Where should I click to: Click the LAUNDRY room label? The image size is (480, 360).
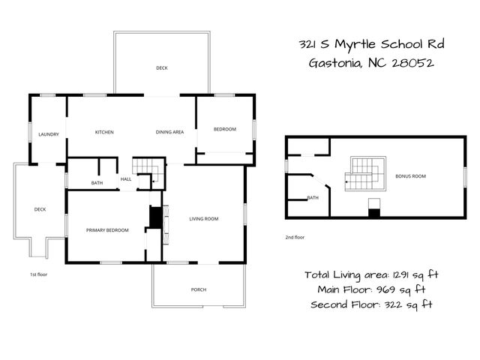[49, 134]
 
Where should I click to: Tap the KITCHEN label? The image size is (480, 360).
[104, 133]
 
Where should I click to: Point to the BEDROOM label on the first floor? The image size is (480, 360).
[224, 130]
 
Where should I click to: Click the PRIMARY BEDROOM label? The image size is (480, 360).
[107, 230]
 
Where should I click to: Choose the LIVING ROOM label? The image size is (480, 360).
[203, 219]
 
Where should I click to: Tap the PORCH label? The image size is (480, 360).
[199, 289]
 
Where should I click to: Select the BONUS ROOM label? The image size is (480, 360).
[410, 176]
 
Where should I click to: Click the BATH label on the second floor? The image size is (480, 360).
[313, 198]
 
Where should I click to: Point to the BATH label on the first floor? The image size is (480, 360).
[97, 183]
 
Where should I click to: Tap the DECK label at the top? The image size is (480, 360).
[162, 68]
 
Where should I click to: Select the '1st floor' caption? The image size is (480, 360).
[39, 274]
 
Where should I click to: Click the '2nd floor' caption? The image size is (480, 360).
[294, 237]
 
